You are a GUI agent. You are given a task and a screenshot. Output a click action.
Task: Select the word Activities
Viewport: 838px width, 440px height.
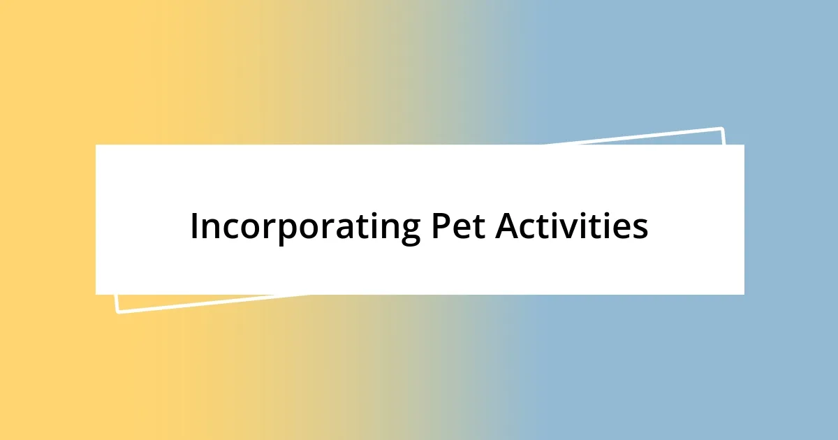[x=572, y=226]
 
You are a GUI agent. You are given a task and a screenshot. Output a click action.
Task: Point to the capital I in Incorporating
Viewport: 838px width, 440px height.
[x=194, y=226]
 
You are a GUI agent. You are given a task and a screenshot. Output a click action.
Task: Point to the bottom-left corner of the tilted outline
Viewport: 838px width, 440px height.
[x=117, y=311]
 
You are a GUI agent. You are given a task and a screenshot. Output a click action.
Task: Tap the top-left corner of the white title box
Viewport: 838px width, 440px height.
[x=96, y=145]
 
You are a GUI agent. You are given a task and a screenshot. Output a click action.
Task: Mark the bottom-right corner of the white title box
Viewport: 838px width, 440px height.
[x=743, y=293]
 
